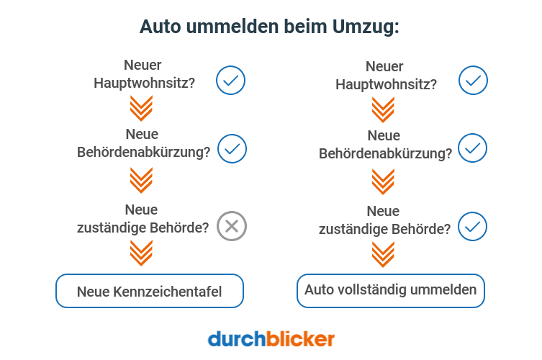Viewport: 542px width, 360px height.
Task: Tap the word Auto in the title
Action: click(159, 27)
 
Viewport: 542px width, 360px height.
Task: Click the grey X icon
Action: click(232, 227)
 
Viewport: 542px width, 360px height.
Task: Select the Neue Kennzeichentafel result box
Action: click(150, 292)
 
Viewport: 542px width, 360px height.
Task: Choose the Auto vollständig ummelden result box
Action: click(390, 291)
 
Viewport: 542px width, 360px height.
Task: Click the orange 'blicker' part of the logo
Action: click(300, 338)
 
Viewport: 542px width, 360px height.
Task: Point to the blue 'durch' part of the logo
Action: click(235, 338)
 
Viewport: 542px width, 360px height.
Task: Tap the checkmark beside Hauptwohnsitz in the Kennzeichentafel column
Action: click(231, 80)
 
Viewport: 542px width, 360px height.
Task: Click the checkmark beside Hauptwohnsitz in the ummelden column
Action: click(473, 80)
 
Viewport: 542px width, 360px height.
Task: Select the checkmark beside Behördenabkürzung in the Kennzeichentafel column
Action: click(232, 149)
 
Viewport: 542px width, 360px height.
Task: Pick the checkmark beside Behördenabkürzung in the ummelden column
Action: click(473, 148)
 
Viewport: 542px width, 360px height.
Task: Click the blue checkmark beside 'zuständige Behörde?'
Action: click(473, 226)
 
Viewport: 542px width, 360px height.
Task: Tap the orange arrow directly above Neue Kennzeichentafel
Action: click(141, 253)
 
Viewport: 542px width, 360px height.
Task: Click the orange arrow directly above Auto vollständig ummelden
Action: click(383, 253)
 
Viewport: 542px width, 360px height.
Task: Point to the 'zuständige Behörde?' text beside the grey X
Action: click(143, 228)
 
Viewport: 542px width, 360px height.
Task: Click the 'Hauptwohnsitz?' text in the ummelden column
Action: click(386, 84)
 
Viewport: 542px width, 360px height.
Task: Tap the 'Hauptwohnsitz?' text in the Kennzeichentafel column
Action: click(145, 82)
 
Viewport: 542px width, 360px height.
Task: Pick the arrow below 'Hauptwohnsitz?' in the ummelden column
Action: click(383, 109)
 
